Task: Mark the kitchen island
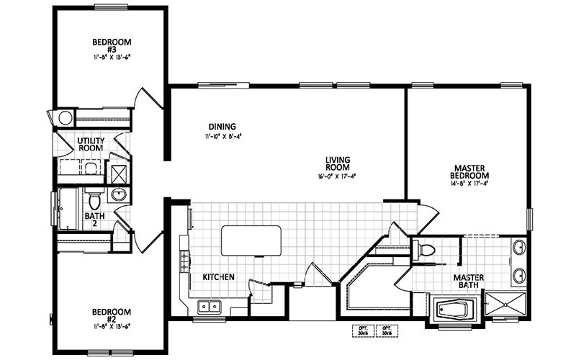pos(251,239)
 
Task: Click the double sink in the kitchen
pos(209,307)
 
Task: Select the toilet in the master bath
pos(426,251)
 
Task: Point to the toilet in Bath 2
pos(93,197)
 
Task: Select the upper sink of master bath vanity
pos(520,250)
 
